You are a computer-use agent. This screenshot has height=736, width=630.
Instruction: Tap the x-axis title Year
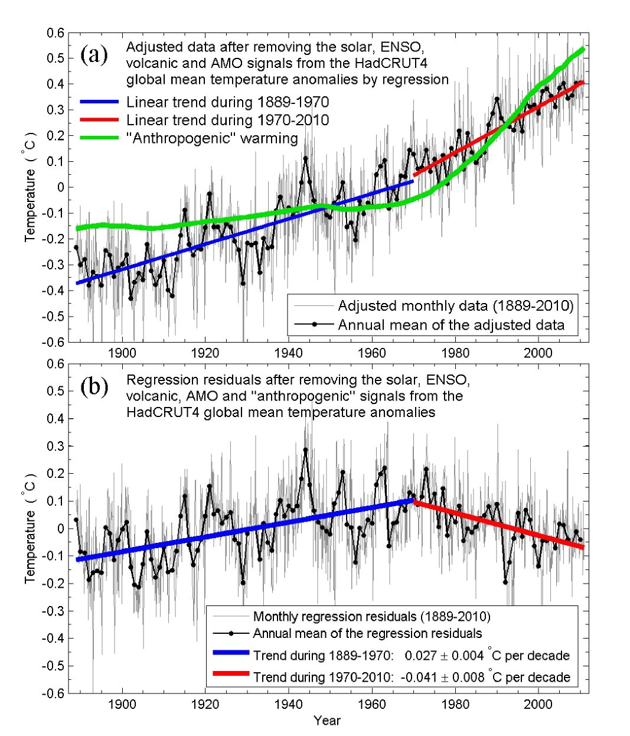327,721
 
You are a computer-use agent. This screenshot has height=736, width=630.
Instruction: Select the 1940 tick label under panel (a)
288,354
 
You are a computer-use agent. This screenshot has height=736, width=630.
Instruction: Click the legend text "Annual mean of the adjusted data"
451,325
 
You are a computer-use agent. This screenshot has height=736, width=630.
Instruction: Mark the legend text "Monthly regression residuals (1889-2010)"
371,617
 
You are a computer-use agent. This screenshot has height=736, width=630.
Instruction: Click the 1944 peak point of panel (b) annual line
305,450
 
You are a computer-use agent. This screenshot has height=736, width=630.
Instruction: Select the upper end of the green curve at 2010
583,49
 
